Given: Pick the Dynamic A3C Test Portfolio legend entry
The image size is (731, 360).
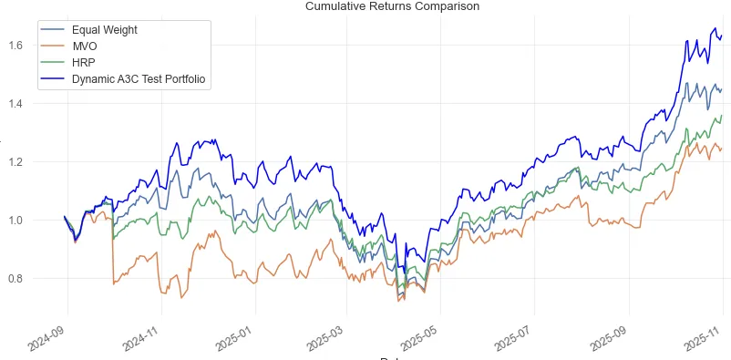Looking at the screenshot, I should (x=139, y=79).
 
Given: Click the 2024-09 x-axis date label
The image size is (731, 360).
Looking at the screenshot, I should (x=50, y=339).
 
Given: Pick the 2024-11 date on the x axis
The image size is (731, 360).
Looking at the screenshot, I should (x=144, y=339).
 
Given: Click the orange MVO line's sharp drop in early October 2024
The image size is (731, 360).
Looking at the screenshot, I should (x=113, y=255).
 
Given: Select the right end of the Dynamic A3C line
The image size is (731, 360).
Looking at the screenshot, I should (x=722, y=36).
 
